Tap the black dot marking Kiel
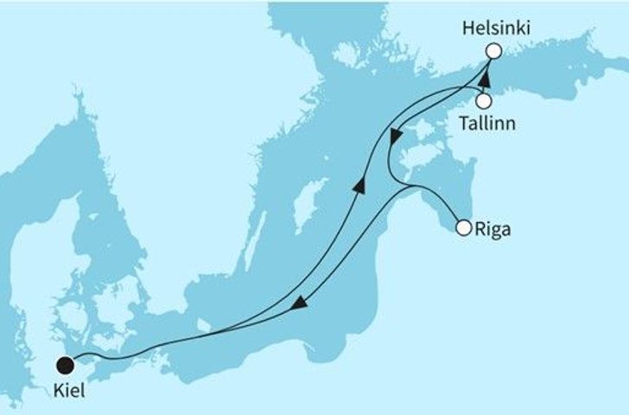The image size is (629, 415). tap(63, 365)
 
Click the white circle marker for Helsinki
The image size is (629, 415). tap(493, 51)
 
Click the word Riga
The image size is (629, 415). tap(492, 229)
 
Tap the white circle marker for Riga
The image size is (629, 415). tap(463, 228)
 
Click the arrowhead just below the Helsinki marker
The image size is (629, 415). tap(486, 78)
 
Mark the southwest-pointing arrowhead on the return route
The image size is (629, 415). tap(298, 303)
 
